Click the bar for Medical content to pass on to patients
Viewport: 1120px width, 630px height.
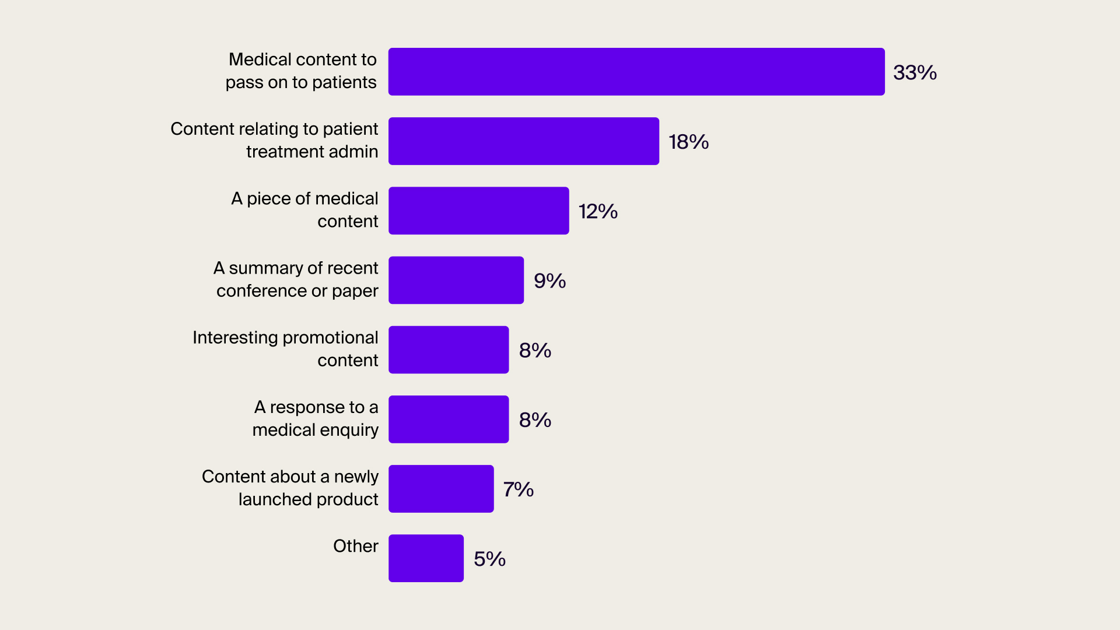(x=636, y=72)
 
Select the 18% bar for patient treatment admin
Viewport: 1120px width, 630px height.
(x=524, y=141)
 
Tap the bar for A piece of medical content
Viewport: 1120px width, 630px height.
(x=478, y=211)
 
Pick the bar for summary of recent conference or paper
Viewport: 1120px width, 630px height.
(x=456, y=280)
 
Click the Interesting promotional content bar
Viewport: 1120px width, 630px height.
(x=449, y=349)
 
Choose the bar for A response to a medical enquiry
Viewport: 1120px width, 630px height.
(x=449, y=419)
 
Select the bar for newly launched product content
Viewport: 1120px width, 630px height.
(x=441, y=489)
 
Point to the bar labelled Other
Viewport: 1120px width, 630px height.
(x=426, y=558)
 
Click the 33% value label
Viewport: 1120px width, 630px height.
(x=915, y=72)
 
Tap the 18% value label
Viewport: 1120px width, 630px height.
(x=688, y=142)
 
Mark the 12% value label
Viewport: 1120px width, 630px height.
(x=598, y=211)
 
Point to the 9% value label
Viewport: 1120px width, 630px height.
(x=549, y=281)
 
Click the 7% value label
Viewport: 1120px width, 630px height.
(x=518, y=489)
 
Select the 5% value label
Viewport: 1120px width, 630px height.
(x=489, y=559)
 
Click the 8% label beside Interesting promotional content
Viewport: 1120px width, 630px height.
(x=535, y=350)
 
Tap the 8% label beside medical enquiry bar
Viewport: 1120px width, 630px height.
(x=535, y=420)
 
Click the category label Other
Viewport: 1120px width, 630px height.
(x=355, y=546)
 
